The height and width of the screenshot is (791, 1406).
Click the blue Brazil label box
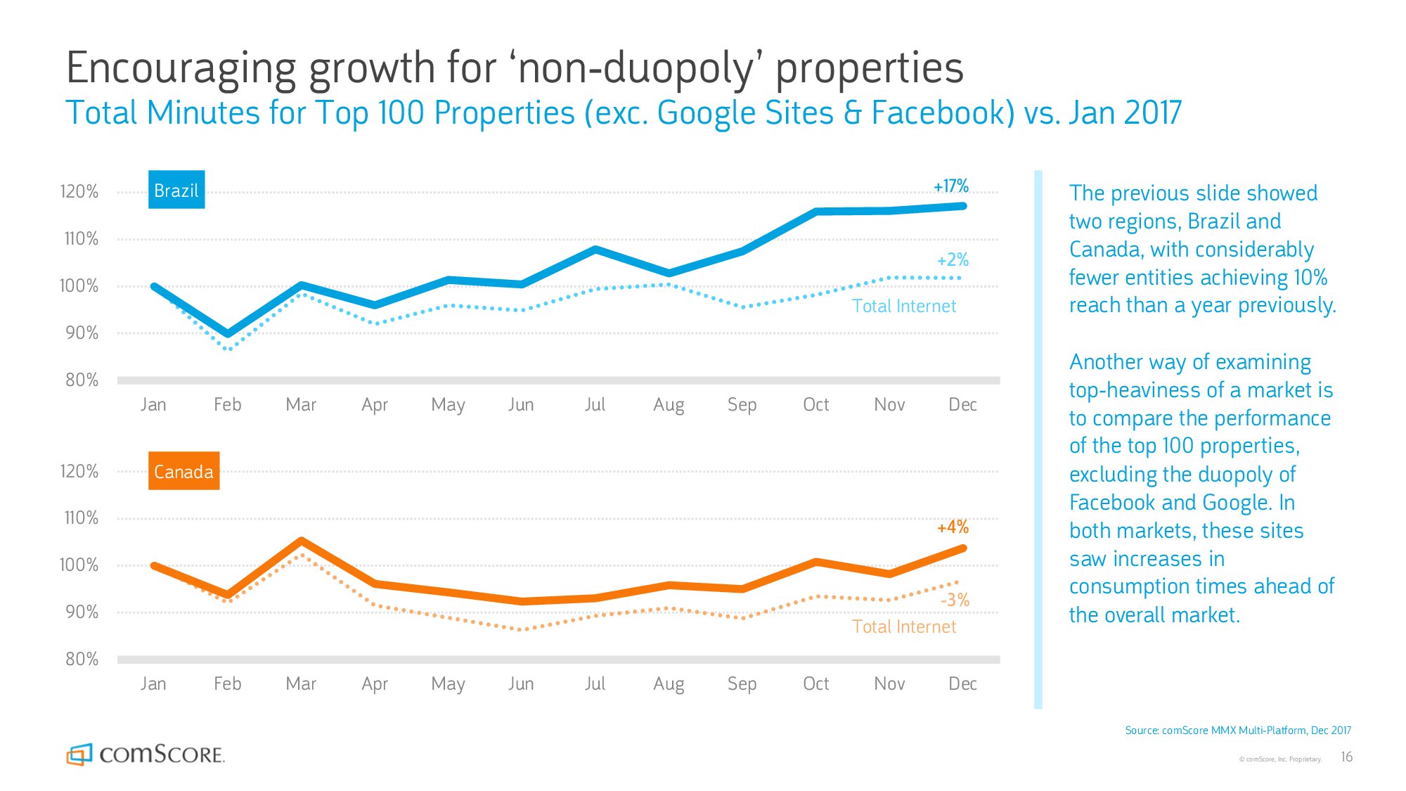tap(176, 190)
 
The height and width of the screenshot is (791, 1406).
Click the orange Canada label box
tap(183, 471)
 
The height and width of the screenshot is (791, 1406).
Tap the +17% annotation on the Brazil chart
tap(950, 186)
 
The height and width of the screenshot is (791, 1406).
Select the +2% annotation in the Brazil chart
tap(953, 260)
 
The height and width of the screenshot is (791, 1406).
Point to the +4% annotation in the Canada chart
tap(953, 527)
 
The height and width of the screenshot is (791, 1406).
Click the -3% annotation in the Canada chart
tap(955, 600)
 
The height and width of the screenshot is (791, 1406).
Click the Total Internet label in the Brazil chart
tap(904, 306)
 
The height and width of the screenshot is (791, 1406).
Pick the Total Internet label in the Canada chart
tap(904, 626)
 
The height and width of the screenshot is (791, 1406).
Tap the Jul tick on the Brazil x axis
tap(595, 404)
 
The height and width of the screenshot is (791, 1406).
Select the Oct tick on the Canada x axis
tap(815, 683)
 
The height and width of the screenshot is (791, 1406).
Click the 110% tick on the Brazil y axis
tap(81, 238)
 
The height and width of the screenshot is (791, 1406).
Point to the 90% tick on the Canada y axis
tap(82, 612)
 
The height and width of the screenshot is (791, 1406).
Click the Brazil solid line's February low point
tap(228, 334)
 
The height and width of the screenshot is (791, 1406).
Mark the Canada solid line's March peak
tap(301, 541)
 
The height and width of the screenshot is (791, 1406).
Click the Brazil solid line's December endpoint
tap(963, 206)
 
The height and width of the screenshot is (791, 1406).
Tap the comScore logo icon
tap(79, 754)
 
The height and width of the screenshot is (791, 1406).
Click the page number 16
tap(1346, 757)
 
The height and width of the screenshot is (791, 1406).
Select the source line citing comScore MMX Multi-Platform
tap(1238, 731)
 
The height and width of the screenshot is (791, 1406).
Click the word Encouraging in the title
tap(181, 69)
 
